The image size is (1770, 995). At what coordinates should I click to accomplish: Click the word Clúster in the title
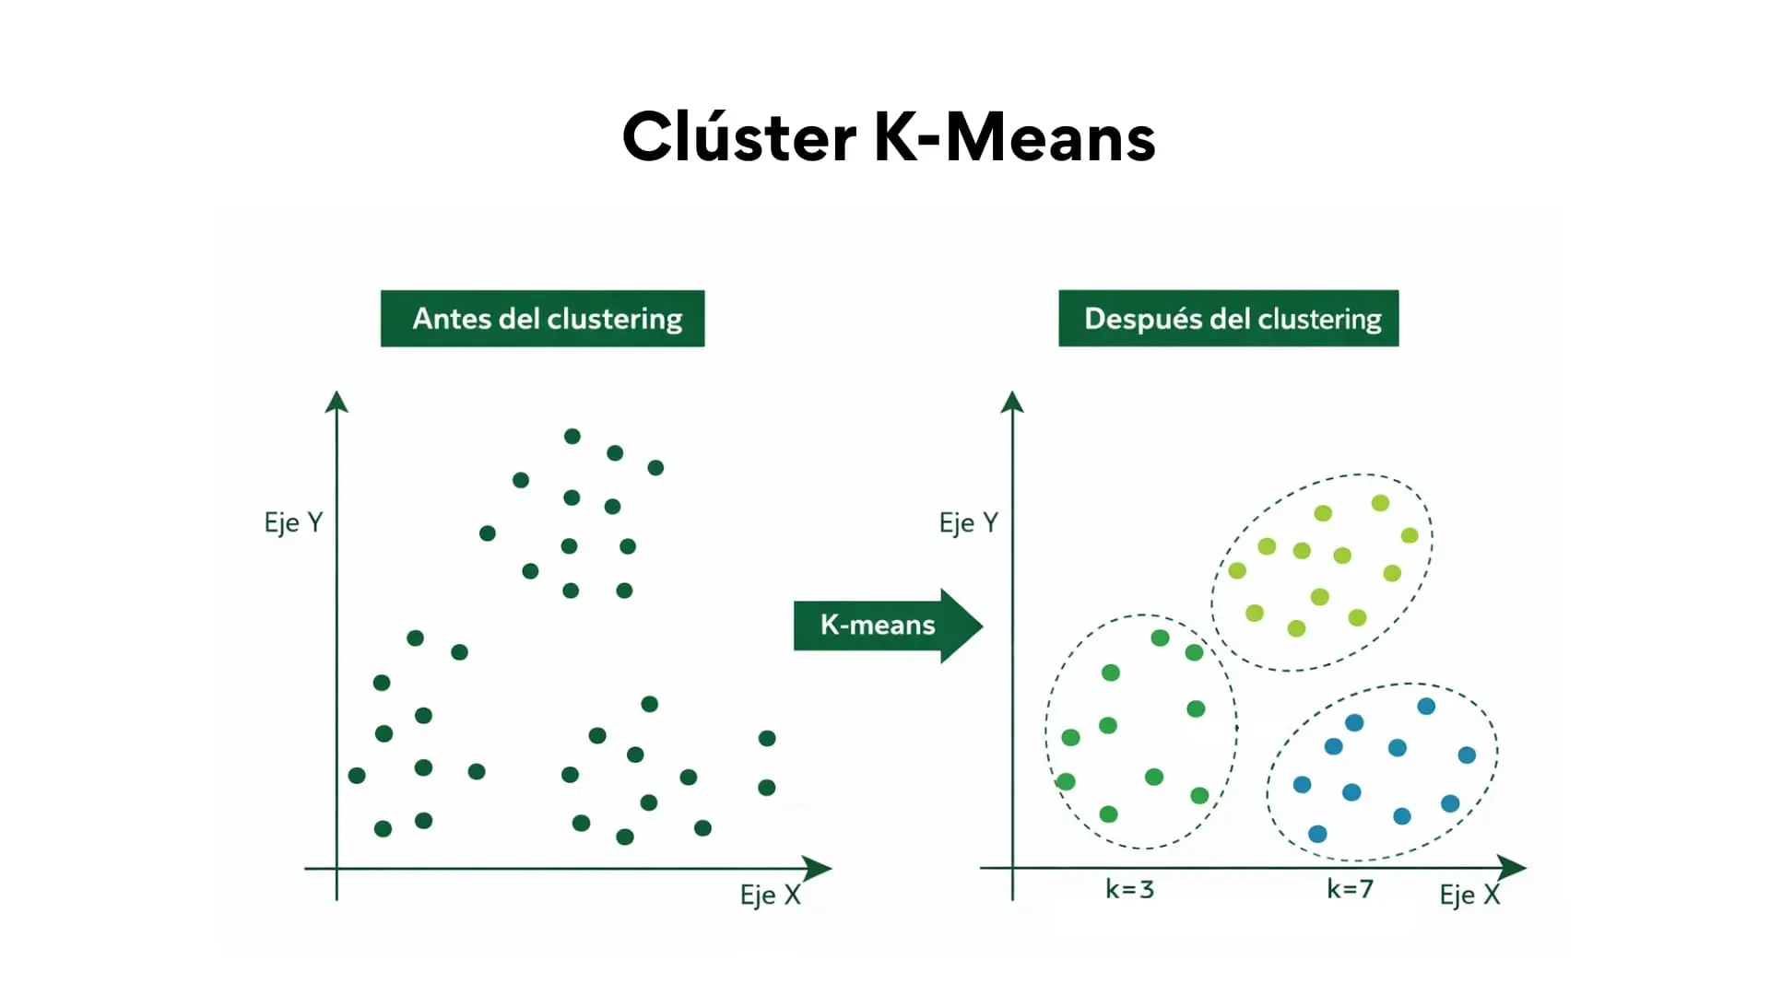(738, 137)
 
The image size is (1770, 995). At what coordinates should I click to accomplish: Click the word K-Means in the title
(1013, 137)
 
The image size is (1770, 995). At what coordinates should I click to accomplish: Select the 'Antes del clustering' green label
(542, 319)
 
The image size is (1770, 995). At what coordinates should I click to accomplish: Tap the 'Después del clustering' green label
(1228, 319)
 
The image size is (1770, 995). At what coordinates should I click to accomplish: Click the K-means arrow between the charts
(885, 626)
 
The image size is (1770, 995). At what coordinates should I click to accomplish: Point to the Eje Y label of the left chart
(293, 522)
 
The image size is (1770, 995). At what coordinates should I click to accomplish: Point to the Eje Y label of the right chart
(968, 522)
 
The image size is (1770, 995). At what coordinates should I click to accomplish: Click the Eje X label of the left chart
(770, 895)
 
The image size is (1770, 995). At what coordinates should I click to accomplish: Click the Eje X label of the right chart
(1469, 895)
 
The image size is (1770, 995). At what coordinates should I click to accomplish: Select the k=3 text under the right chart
(1129, 889)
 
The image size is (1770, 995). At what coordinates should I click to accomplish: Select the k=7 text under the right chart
(1350, 889)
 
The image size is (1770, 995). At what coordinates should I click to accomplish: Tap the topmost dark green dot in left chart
(572, 437)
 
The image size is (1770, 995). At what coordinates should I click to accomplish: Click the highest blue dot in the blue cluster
(1426, 707)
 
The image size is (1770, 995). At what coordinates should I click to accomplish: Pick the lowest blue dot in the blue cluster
(1317, 834)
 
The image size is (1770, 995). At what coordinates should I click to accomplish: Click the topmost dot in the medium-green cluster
(1160, 638)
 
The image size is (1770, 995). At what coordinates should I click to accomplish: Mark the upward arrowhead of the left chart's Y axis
(336, 401)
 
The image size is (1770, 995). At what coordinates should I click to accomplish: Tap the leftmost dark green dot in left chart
(357, 776)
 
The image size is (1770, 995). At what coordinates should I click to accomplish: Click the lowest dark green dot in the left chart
(625, 837)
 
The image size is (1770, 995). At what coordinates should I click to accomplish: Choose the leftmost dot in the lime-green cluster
(1237, 570)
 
